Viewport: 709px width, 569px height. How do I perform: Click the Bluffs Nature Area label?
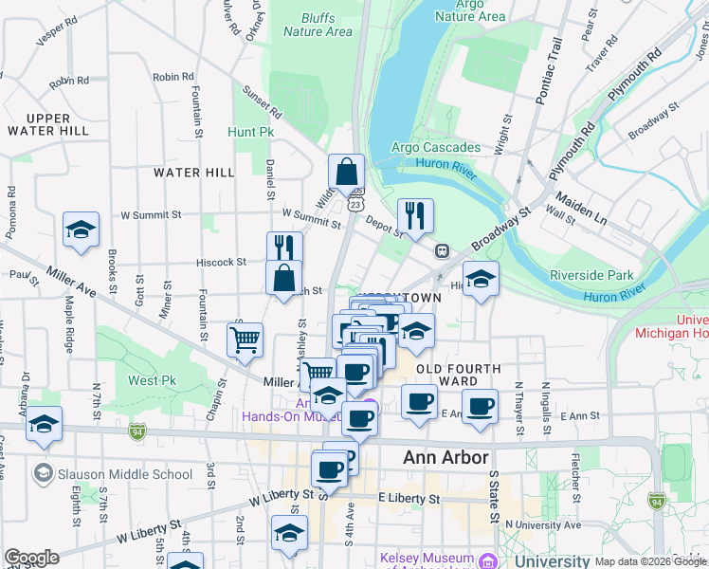tap(318, 25)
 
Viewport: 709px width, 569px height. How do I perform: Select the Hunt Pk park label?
tap(250, 132)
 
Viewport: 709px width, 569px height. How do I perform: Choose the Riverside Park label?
tap(591, 275)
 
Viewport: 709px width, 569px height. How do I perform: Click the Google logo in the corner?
tap(31, 558)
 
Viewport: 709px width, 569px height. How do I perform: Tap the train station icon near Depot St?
tap(442, 250)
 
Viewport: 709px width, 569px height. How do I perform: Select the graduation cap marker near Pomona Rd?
tap(82, 229)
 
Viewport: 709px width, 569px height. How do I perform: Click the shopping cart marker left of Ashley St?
tap(245, 340)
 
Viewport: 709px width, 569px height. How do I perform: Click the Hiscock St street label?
tap(221, 261)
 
